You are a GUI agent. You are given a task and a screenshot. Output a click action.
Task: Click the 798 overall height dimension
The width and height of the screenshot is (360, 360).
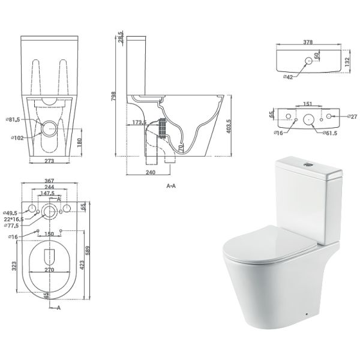click(x=114, y=97)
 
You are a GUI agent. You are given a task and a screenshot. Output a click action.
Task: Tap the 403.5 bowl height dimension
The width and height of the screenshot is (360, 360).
click(x=229, y=126)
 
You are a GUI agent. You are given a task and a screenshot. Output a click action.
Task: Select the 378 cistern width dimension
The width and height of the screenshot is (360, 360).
click(x=308, y=42)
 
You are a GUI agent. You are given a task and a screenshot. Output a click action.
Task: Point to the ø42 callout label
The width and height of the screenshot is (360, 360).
click(x=288, y=77)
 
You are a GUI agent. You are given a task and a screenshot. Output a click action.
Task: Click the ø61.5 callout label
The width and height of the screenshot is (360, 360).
click(x=329, y=133)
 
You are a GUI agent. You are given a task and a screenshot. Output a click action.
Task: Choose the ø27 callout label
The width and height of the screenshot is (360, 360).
click(x=352, y=116)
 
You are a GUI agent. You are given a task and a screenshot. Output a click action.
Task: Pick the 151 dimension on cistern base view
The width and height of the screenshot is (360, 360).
click(x=308, y=104)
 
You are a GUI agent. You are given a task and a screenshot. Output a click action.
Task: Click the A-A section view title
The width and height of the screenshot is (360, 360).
click(x=171, y=186)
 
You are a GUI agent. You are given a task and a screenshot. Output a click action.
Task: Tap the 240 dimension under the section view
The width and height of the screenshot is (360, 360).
click(x=151, y=172)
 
